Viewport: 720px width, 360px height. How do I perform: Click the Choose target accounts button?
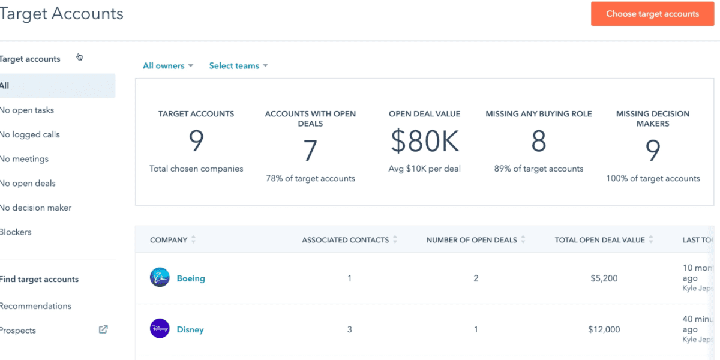[652, 14]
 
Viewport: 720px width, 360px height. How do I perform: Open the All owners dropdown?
[167, 66]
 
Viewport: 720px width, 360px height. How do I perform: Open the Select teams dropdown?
[238, 66]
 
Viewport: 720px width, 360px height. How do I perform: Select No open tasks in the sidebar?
[28, 110]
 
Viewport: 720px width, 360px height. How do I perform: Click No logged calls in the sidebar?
[31, 134]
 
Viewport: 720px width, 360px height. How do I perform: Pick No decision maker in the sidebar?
[36, 208]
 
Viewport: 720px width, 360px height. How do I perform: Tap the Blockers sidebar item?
[16, 232]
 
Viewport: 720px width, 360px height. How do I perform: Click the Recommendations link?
[36, 306]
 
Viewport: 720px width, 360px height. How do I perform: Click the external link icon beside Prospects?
[103, 329]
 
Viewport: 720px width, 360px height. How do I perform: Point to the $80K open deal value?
[424, 142]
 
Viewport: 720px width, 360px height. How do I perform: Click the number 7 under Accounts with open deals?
[310, 151]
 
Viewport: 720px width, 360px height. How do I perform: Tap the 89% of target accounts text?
[538, 169]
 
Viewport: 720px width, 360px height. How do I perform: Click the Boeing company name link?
[191, 278]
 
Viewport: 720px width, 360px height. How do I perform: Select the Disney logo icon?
[160, 329]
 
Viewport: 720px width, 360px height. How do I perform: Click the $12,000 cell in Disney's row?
[604, 329]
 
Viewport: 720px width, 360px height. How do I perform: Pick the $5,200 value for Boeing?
[604, 278]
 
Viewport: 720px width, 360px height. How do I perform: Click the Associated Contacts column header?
[346, 240]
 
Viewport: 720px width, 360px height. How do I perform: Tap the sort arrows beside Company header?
[193, 240]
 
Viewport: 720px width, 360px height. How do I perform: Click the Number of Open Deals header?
[472, 240]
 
